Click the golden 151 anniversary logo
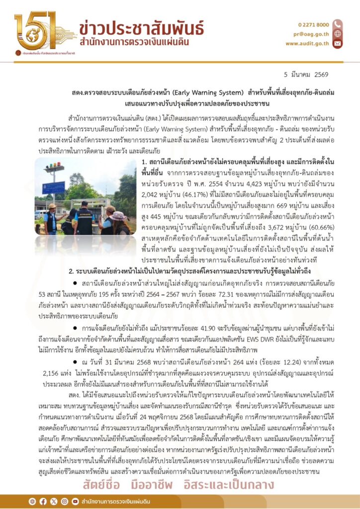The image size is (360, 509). pos(38,31)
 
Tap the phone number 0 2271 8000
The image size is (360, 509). pos(313,24)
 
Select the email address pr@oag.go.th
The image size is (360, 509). pos(314,34)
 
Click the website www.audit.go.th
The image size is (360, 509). pos(307,43)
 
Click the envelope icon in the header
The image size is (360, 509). pos(338,43)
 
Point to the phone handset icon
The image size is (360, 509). pos(338,24)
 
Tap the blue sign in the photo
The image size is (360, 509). pos(53,187)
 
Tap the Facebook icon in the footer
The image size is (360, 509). pos(43,500)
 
